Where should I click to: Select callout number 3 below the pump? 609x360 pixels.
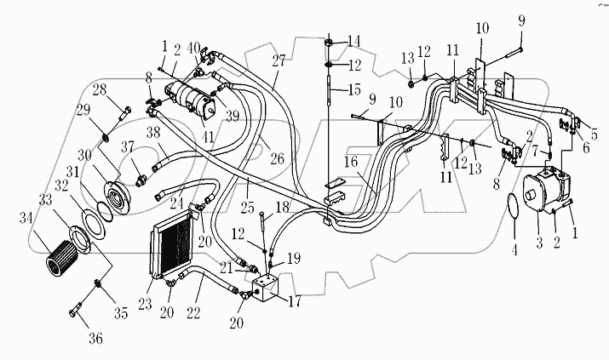(537, 242)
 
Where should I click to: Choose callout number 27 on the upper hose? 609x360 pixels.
(279, 60)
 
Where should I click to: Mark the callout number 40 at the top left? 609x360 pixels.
(195, 47)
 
